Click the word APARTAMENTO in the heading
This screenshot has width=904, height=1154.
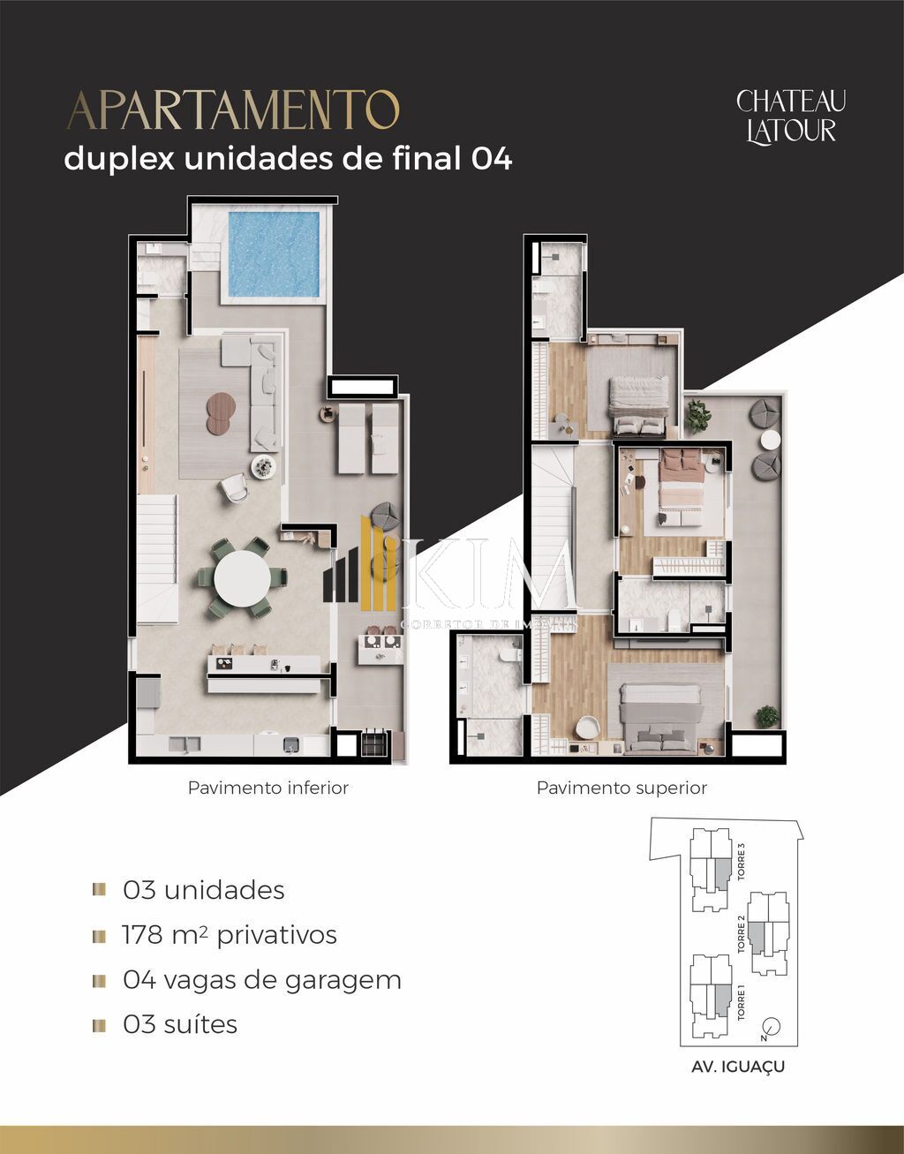(x=233, y=111)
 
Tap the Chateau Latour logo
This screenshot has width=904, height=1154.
(x=790, y=116)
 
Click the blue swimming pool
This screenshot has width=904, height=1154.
(x=274, y=253)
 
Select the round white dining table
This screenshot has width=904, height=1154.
(x=243, y=579)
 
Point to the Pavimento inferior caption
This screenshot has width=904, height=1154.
(x=267, y=788)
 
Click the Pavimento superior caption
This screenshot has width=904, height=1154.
(x=621, y=788)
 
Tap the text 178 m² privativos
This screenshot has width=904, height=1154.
(x=230, y=935)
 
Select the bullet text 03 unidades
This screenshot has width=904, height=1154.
(x=204, y=890)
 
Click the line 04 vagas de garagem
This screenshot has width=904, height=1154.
(x=261, y=980)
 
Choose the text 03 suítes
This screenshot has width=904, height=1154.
(x=180, y=1025)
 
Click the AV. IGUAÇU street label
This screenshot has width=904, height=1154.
(x=738, y=1067)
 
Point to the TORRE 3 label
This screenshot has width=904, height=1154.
(x=742, y=863)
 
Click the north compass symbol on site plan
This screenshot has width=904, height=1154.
(x=771, y=1027)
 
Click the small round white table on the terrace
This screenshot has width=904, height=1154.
(x=771, y=441)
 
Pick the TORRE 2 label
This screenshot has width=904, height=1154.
(x=742, y=934)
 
